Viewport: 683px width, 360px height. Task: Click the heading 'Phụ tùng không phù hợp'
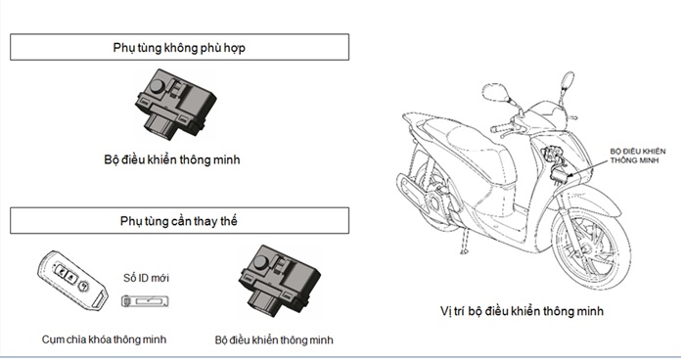coord(179,48)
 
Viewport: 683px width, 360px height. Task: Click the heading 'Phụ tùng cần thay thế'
coord(179,221)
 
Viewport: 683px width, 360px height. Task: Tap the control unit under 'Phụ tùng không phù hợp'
coord(175,104)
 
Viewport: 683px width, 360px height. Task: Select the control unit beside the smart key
coord(279,281)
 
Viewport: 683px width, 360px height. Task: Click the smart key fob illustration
coord(72,280)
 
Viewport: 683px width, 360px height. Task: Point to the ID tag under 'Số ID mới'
coord(145,301)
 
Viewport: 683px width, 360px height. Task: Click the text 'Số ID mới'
coord(146,278)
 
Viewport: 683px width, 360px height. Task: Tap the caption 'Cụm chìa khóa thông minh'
coord(104,339)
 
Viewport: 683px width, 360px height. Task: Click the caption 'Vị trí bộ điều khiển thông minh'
coord(522,311)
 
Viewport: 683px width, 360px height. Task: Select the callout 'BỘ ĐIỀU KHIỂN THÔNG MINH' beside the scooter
coord(638,156)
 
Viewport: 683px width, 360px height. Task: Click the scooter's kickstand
coord(465,241)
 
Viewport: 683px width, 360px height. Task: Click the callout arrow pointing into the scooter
coord(588,167)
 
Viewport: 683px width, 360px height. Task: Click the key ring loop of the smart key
coord(99,300)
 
